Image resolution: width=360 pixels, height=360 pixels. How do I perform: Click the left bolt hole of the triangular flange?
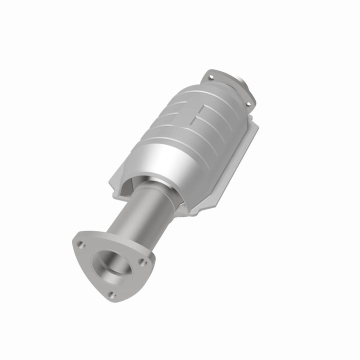point(79,243)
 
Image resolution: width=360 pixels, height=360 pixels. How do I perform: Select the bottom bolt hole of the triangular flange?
point(112,295)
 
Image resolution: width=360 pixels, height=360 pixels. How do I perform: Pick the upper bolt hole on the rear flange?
point(210,77)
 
